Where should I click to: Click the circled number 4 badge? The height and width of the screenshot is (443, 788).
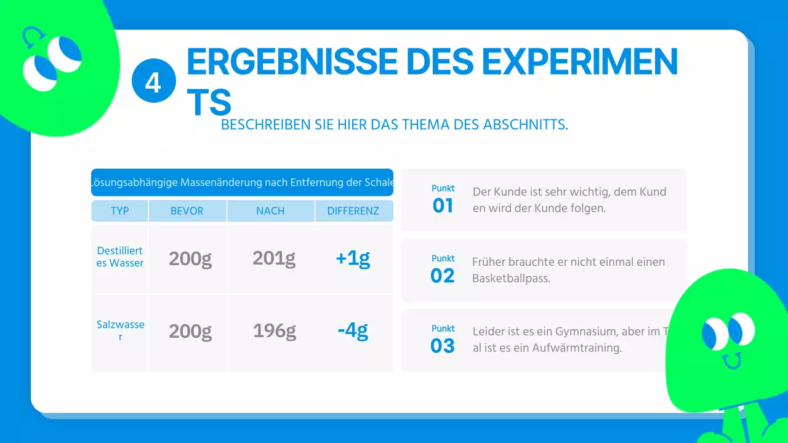(153, 81)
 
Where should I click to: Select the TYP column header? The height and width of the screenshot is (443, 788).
(119, 211)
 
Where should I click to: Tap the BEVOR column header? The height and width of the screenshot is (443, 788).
(187, 211)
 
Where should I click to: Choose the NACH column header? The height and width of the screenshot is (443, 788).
(270, 211)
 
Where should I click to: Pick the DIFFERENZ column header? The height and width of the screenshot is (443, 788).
(353, 211)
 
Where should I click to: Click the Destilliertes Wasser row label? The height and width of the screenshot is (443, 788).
(120, 257)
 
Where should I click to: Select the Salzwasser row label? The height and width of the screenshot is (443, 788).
(120, 330)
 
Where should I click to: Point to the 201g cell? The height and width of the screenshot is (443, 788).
(274, 258)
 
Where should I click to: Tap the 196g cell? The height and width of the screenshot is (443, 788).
(274, 331)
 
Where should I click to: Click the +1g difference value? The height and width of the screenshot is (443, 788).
(353, 258)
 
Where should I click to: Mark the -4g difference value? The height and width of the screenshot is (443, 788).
(353, 331)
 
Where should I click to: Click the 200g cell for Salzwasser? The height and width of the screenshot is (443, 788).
(190, 331)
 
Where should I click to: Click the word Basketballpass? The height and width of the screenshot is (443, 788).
(511, 278)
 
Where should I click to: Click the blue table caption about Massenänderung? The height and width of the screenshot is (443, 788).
(242, 183)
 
